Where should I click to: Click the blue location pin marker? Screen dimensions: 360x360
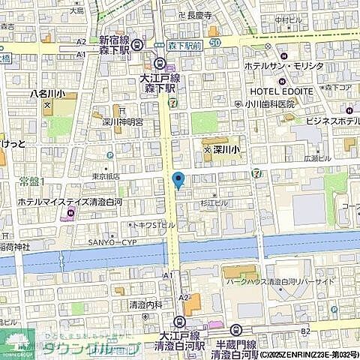coord(178,180)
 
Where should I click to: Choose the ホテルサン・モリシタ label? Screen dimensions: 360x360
coord(283,66)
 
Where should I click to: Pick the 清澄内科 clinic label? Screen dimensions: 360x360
coord(145,304)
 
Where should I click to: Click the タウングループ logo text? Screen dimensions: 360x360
coord(90,349)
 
